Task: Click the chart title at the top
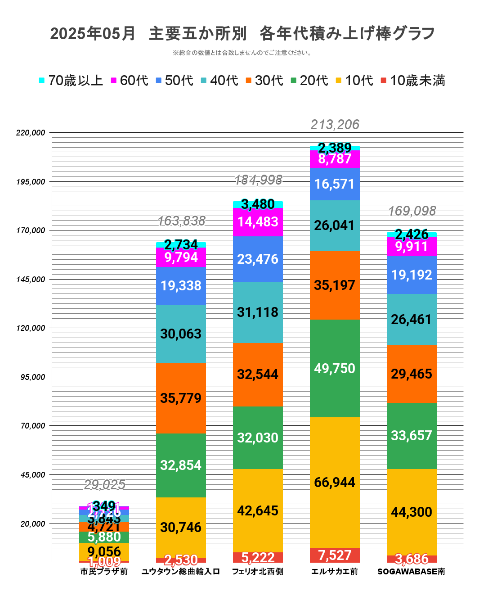click(243, 34)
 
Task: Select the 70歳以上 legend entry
click(71, 81)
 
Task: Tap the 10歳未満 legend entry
click(413, 81)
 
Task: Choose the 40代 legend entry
click(219, 81)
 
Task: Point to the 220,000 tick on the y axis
click(31, 133)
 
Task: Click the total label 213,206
click(335, 125)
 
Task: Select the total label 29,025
click(104, 485)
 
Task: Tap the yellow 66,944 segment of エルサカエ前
click(335, 483)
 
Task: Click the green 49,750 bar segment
click(335, 368)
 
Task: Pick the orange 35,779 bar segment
click(181, 398)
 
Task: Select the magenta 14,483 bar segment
click(258, 222)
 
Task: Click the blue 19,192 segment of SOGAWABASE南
click(412, 275)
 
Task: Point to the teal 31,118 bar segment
click(258, 312)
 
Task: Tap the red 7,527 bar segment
click(335, 555)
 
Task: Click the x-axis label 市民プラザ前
click(104, 572)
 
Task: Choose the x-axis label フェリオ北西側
click(258, 572)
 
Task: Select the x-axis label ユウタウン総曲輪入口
click(181, 572)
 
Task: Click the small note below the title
click(242, 53)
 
